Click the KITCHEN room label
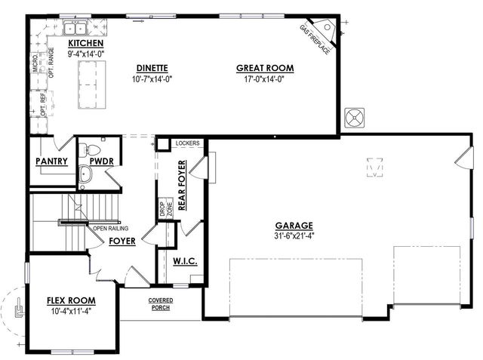[85, 44]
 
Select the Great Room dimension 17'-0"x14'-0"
[264, 78]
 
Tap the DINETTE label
[152, 67]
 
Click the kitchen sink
[75, 29]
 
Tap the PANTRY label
[51, 161]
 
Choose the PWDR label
[100, 161]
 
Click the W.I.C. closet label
[185, 261]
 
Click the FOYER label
[122, 241]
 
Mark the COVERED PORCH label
[161, 303]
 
